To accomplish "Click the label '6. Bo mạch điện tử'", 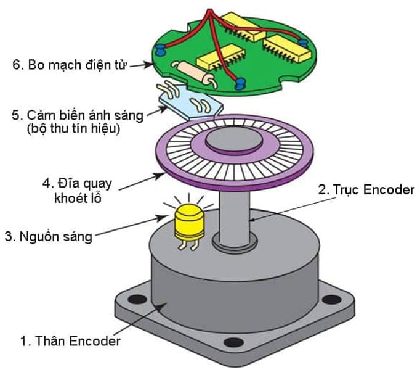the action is tap(69, 65).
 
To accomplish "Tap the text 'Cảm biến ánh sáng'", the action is tap(85, 115).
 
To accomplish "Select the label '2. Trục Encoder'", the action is tap(366, 189).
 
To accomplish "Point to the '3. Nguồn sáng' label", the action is tap(49, 237).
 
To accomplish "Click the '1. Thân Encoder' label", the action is tap(70, 341).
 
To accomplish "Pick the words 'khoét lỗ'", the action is tap(78, 198).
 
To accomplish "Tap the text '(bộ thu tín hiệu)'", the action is tap(73, 129).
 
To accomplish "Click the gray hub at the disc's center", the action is tap(234, 140).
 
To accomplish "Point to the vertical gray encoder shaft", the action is tap(235, 218).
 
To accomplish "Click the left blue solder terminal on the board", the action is tap(160, 49).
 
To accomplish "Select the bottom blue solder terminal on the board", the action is tap(240, 83).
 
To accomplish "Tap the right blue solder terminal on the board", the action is tap(304, 43).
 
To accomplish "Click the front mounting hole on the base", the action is tap(233, 342).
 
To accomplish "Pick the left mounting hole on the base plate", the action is tap(137, 299).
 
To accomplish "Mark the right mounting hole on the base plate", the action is tap(331, 299).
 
